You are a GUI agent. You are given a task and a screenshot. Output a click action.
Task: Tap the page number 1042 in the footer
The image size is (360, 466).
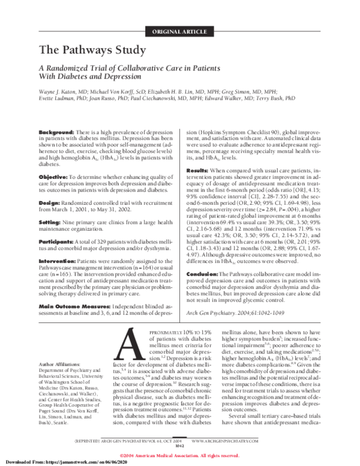(x=180, y=446)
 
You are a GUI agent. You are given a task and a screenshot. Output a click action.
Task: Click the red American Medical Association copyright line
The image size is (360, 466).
(x=179, y=456)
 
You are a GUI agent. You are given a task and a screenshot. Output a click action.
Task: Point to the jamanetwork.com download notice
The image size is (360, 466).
(x=49, y=462)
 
